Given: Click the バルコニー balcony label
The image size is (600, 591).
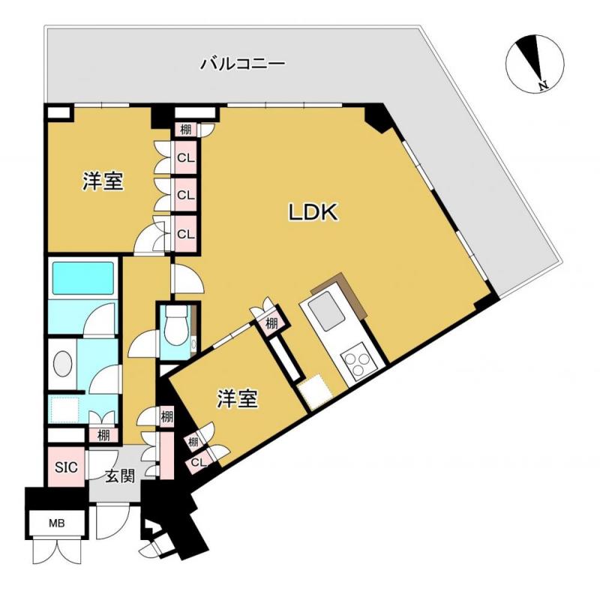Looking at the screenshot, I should click(242, 64).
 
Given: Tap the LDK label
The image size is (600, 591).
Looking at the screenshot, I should click(315, 213).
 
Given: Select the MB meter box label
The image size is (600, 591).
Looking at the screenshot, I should click(57, 523).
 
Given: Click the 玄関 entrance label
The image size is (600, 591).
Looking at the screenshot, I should click(118, 475).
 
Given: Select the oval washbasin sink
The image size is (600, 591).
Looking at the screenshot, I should click(63, 367).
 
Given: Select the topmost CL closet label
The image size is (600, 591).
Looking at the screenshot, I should click(185, 158).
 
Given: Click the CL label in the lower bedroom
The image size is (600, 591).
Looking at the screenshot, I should click(197, 463).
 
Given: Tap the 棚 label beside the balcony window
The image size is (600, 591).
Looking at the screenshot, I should click(185, 129).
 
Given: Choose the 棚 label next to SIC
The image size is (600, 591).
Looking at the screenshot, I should click(102, 435).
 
